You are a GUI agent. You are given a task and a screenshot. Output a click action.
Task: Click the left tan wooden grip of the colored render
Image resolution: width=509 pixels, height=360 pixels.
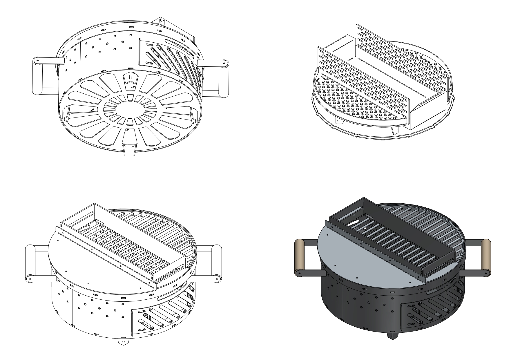coord(300,256)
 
